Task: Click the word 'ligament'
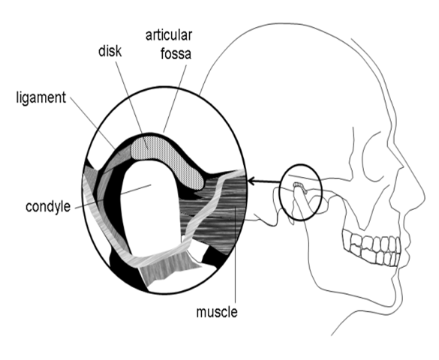[x=41, y=98]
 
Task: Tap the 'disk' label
[x=110, y=51]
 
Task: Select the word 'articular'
[x=169, y=35]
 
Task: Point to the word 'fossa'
[x=176, y=53]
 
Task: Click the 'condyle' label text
[x=48, y=207]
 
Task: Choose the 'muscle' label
[x=217, y=312]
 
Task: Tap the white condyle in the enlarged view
[x=150, y=207]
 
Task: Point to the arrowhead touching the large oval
[x=251, y=181]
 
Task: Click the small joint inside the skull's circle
[x=300, y=187]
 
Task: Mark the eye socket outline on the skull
[x=375, y=157]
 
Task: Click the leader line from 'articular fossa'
[x=175, y=98]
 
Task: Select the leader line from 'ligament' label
[x=93, y=123]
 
